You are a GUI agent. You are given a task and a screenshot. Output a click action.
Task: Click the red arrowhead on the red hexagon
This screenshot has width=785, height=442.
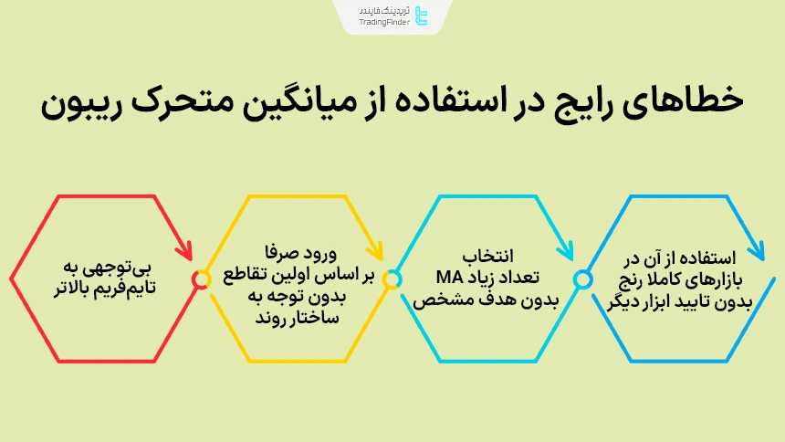click(x=185, y=249)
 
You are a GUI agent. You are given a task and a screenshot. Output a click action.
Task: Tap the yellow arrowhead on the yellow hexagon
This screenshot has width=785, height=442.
click(x=376, y=249)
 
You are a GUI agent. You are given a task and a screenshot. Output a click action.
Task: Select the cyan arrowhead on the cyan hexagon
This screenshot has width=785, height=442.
click(x=566, y=249)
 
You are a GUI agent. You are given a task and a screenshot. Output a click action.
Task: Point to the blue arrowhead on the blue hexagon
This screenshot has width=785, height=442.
click(x=756, y=249)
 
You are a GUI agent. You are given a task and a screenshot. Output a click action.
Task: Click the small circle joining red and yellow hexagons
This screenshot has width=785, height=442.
click(x=201, y=279)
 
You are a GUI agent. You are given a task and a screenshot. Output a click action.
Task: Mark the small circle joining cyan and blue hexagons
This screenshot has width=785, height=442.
click(x=581, y=279)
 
